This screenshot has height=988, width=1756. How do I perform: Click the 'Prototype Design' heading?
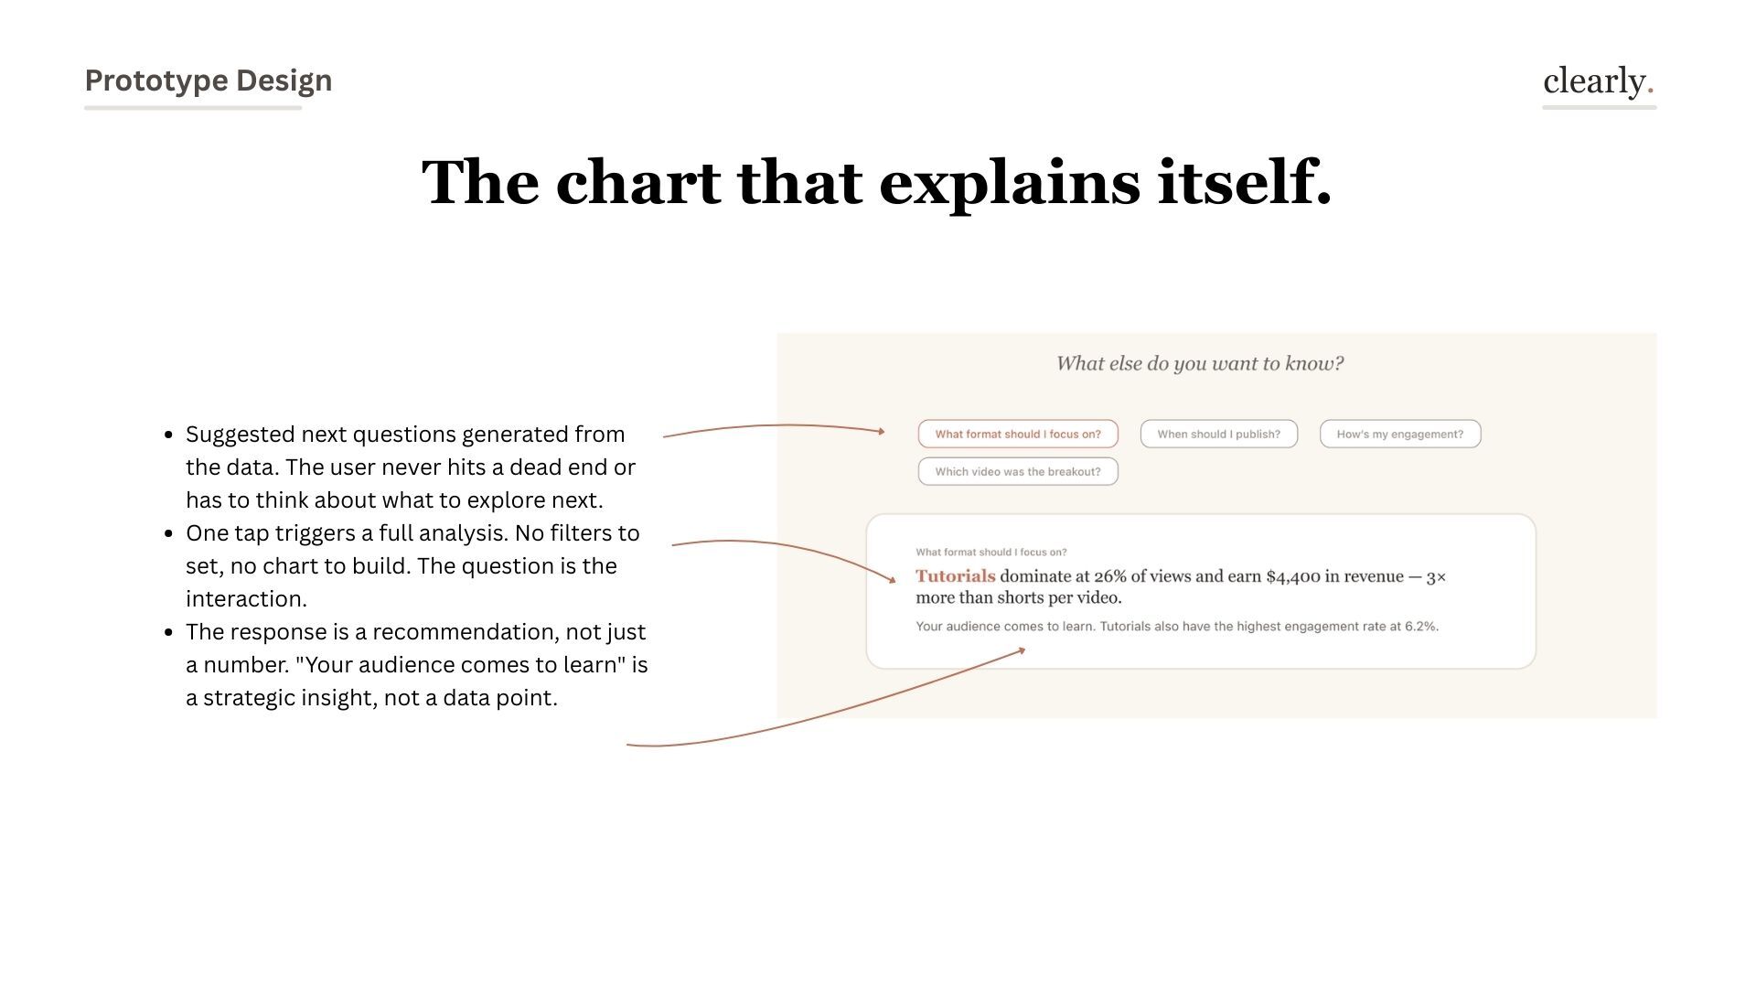(208, 81)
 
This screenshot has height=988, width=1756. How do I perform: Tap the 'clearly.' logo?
(1598, 81)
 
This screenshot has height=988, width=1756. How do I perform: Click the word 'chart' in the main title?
(637, 182)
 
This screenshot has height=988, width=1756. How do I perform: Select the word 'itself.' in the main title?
(1244, 182)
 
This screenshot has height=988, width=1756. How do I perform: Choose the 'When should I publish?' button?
(1218, 435)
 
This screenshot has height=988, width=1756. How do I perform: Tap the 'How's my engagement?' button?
(1399, 435)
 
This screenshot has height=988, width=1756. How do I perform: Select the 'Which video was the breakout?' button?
(1017, 472)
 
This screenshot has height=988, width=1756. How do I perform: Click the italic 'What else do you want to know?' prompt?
(1200, 364)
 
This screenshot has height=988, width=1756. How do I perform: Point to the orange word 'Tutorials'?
(955, 576)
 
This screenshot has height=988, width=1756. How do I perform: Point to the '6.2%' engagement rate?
(1421, 627)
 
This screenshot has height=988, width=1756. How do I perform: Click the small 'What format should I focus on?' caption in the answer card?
(990, 553)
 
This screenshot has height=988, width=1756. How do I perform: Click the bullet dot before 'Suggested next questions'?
(168, 435)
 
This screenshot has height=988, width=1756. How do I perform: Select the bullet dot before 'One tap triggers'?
(168, 534)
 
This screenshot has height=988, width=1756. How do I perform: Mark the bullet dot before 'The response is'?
(168, 633)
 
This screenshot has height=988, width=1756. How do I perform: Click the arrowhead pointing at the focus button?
(881, 431)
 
